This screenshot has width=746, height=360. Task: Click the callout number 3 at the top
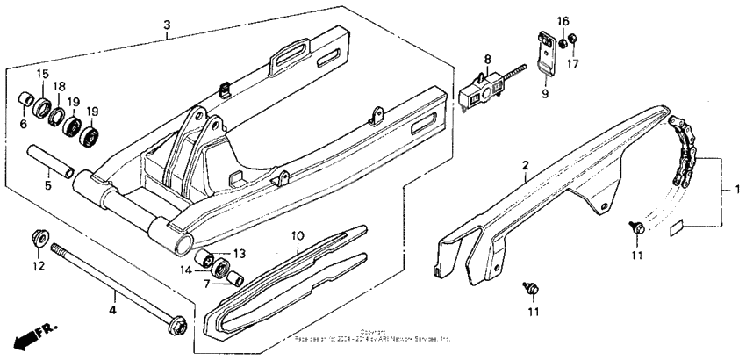166,25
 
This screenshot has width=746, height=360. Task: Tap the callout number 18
60,86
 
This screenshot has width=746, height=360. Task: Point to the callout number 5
49,186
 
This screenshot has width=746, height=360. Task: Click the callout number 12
39,265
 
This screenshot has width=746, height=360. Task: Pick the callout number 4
112,309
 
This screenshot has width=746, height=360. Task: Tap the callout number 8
487,61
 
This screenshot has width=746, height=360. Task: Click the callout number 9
544,93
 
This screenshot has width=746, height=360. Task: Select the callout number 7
207,283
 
